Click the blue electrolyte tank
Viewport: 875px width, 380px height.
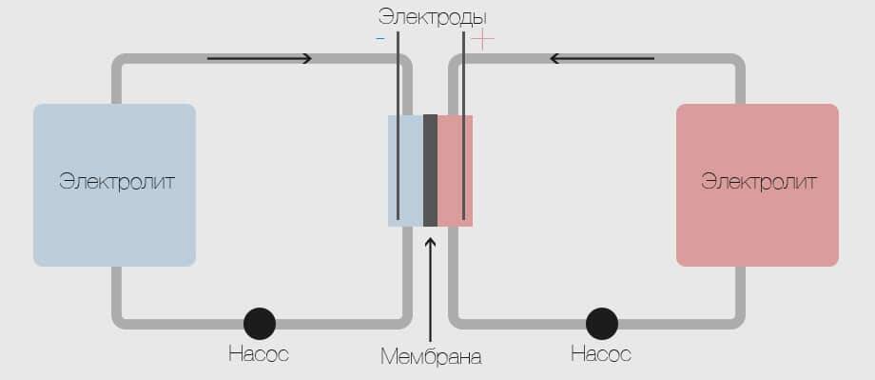[x=114, y=185]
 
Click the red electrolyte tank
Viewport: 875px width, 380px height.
[x=757, y=185]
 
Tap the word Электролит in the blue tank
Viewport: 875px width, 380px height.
[x=117, y=182]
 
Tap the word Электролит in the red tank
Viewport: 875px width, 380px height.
[x=759, y=182]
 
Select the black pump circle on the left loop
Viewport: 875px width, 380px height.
[x=260, y=324]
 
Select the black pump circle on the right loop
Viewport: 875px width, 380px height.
[x=602, y=324]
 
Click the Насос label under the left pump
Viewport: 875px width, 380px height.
[x=259, y=353]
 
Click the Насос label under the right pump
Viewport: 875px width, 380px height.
[x=601, y=353]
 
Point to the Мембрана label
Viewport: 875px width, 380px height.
[x=431, y=356]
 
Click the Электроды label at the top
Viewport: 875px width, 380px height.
[x=433, y=18]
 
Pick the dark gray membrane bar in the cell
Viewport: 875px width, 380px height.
[x=430, y=170]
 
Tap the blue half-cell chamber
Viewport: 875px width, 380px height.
[x=406, y=170]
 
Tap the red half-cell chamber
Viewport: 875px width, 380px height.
[x=455, y=170]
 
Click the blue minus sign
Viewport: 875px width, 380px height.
[x=380, y=39]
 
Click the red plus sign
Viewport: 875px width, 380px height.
[x=483, y=40]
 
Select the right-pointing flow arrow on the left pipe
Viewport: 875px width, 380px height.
[x=259, y=58]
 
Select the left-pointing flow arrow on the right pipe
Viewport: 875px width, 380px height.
[x=601, y=58]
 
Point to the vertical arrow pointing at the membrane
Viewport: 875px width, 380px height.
[x=430, y=290]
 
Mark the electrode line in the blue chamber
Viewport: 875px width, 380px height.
[x=398, y=126]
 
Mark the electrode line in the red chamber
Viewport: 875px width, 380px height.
[x=463, y=126]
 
